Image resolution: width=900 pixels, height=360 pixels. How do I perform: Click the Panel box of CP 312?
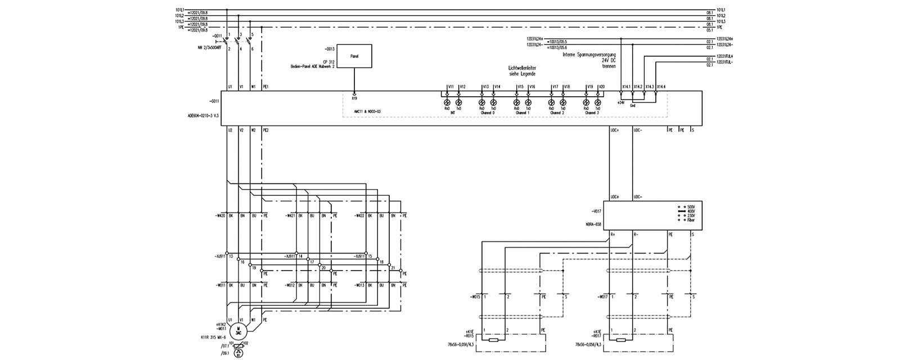pyautogui.click(x=354, y=57)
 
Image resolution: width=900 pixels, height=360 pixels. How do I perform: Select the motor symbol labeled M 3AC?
pyautogui.click(x=238, y=330)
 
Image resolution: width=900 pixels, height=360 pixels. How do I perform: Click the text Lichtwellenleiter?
pyautogui.click(x=523, y=68)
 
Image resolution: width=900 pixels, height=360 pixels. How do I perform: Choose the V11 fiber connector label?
pyautogui.click(x=451, y=87)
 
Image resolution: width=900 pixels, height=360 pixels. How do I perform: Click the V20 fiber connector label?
pyautogui.click(x=601, y=87)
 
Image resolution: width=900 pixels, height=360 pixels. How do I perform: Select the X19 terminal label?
pyautogui.click(x=354, y=98)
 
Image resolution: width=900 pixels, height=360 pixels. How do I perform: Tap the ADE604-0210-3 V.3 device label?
pyautogui.click(x=202, y=114)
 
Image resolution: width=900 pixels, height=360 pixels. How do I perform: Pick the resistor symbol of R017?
pyautogui.click(x=620, y=340)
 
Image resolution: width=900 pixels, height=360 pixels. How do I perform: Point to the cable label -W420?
pyautogui.click(x=219, y=215)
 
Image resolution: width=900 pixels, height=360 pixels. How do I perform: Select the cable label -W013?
pyautogui.click(x=361, y=285)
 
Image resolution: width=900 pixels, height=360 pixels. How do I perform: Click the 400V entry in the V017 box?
pyautogui.click(x=691, y=211)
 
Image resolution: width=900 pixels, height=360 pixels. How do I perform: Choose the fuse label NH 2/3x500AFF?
pyautogui.click(x=209, y=48)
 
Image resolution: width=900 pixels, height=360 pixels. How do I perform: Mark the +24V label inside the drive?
pyautogui.click(x=620, y=103)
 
